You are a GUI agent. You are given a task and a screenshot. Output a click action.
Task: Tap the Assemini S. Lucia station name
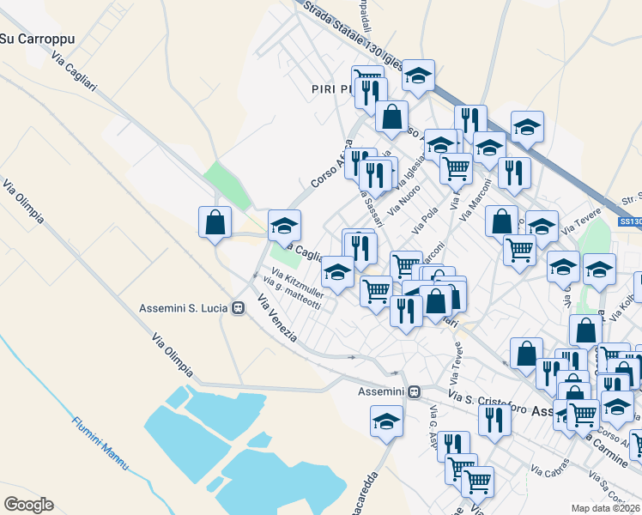tap(184, 308)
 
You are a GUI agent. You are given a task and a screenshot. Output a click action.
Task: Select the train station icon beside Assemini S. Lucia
tap(238, 308)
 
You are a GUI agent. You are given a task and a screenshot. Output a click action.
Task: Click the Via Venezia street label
tap(277, 318)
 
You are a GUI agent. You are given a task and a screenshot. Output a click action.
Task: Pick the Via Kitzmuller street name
tap(294, 285)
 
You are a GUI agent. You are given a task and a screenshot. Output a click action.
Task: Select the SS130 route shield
tap(629, 222)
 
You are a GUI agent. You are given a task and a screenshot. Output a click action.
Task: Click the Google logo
tap(28, 504)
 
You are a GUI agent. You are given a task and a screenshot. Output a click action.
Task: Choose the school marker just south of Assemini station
tap(386, 421)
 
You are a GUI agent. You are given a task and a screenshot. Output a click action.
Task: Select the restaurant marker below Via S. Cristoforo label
tap(494, 421)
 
